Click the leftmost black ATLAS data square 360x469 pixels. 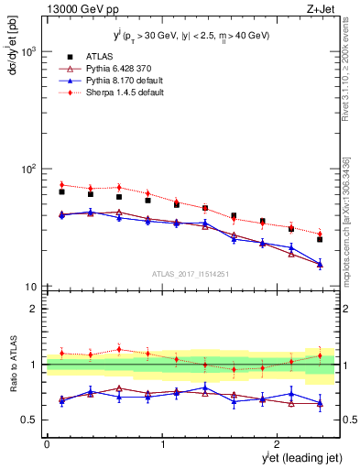61,191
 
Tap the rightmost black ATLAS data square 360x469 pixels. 320,239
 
